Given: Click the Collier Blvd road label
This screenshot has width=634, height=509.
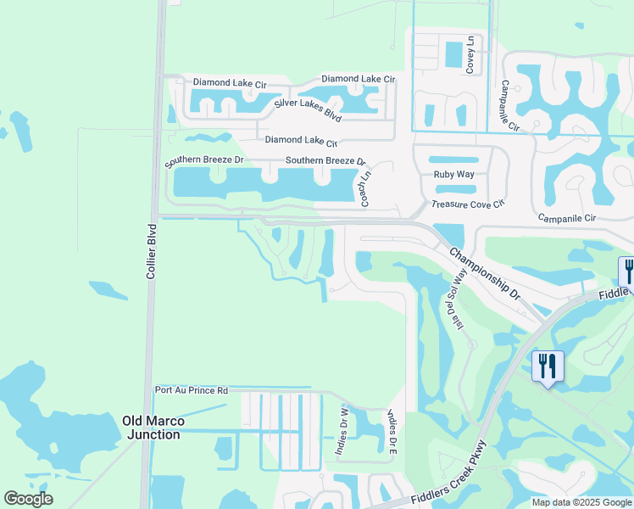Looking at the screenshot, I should [x=152, y=252].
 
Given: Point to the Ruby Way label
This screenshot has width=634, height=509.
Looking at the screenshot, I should [x=454, y=175].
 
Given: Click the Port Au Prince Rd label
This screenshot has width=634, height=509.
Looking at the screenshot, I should [x=192, y=390].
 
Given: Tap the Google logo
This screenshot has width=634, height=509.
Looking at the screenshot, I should [x=28, y=499].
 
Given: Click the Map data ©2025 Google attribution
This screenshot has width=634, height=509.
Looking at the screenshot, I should [x=581, y=502].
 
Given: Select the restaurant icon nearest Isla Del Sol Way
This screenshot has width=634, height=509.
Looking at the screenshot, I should [x=547, y=366].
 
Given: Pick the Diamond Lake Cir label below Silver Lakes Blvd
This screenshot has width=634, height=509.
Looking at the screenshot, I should [x=302, y=141].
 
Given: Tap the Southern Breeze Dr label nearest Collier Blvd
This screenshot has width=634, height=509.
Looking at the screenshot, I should [x=204, y=159].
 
